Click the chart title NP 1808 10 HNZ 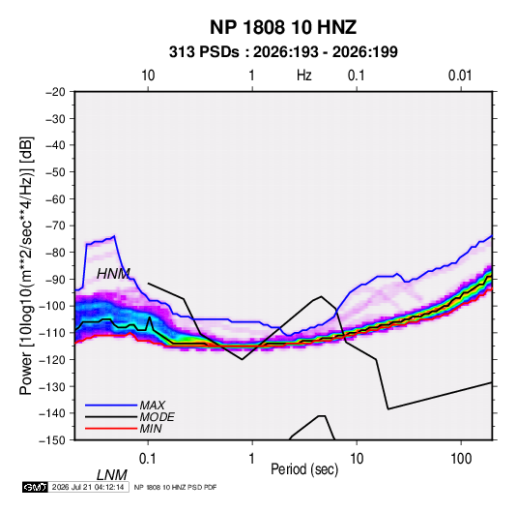coord(283,27)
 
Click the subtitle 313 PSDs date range coord(283,52)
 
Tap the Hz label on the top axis coord(303,75)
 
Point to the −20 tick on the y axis coord(55,92)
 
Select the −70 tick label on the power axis coord(55,226)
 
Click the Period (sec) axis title coord(304,469)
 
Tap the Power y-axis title coord(26,265)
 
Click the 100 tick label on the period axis coord(461,459)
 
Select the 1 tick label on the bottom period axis coord(252,459)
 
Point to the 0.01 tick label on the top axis coord(460,75)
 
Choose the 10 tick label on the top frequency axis coord(148,75)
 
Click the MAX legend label coord(153,406)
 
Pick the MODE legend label coord(157,417)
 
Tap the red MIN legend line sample coord(111,429)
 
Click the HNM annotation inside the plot coord(113,274)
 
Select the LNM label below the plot coord(112,475)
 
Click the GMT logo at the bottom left coord(36,487)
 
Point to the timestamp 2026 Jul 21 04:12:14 coord(88,487)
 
